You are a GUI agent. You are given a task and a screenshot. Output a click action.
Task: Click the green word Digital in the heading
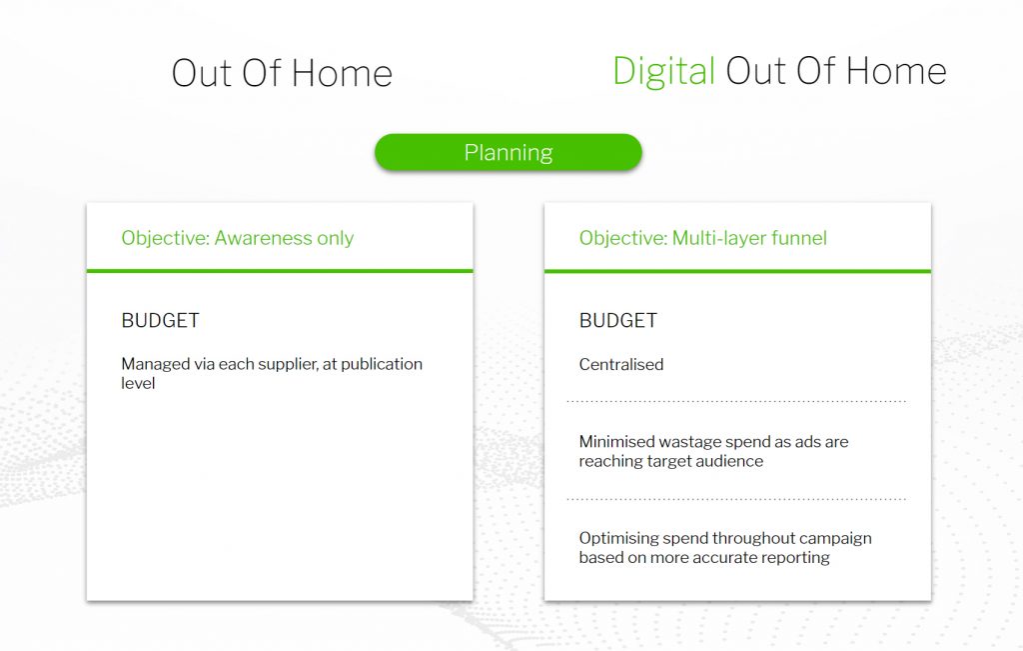pos(663,72)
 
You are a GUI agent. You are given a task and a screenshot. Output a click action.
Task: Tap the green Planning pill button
pos(509,152)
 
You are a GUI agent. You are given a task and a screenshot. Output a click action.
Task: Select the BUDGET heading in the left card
pos(161,321)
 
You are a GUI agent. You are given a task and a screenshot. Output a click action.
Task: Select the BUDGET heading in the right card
pos(618,321)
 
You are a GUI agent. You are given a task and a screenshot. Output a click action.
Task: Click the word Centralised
pos(621,364)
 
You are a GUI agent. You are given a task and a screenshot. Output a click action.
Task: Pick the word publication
pos(382,364)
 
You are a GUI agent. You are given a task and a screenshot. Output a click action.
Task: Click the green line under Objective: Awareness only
pos(280,271)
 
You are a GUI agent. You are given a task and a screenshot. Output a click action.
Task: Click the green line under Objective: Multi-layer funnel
pos(738,271)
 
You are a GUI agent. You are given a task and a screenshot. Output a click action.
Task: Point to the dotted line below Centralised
pos(736,401)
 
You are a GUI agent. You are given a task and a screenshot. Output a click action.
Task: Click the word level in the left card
pos(138,383)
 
